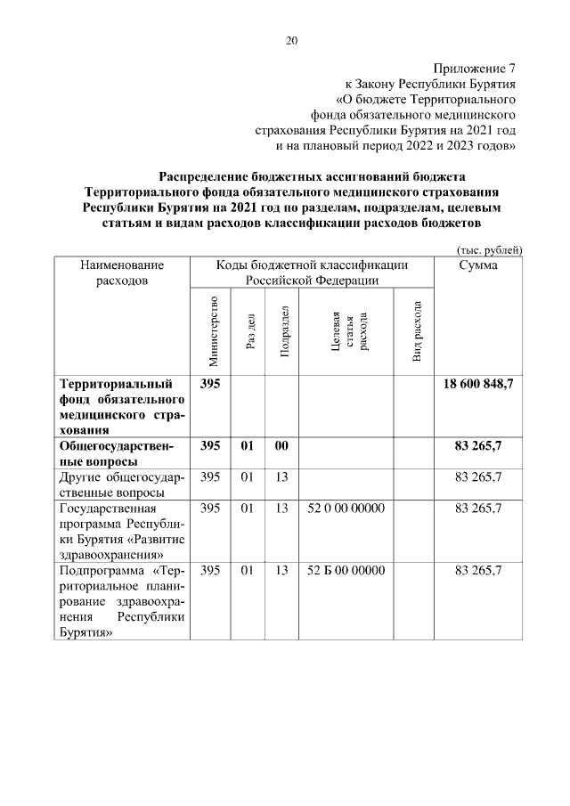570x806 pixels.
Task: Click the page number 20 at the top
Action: (x=291, y=40)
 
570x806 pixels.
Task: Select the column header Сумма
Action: (x=478, y=265)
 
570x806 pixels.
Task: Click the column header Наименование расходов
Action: (x=123, y=273)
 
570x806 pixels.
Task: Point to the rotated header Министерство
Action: (x=212, y=330)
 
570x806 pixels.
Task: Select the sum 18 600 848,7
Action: (x=478, y=384)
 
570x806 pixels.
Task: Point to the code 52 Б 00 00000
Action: (x=346, y=570)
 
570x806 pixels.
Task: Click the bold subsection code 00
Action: (x=281, y=445)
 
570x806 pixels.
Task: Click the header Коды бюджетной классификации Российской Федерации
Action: (x=312, y=273)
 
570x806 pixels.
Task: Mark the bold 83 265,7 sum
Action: (x=478, y=445)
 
